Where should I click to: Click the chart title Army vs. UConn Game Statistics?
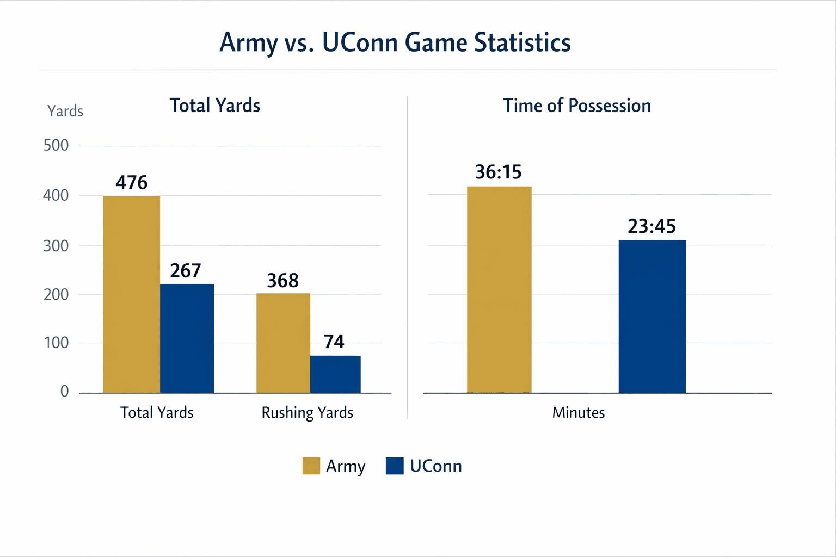395,42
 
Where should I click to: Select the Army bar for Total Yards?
131,294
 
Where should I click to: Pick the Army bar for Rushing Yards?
283,343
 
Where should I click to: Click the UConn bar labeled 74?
335,374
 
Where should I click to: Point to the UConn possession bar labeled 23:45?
652,316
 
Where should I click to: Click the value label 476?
131,182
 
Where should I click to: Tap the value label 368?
282,281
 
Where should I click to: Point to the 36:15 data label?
498,172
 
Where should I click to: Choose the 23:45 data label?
651,226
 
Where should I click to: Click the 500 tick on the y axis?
56,145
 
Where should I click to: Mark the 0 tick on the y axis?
64,392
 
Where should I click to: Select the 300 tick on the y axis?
56,246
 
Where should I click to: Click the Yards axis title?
65,111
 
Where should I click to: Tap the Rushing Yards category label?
307,413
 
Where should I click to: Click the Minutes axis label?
578,413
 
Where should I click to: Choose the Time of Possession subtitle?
576,106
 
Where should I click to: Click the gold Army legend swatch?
311,466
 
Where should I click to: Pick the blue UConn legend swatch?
395,466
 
